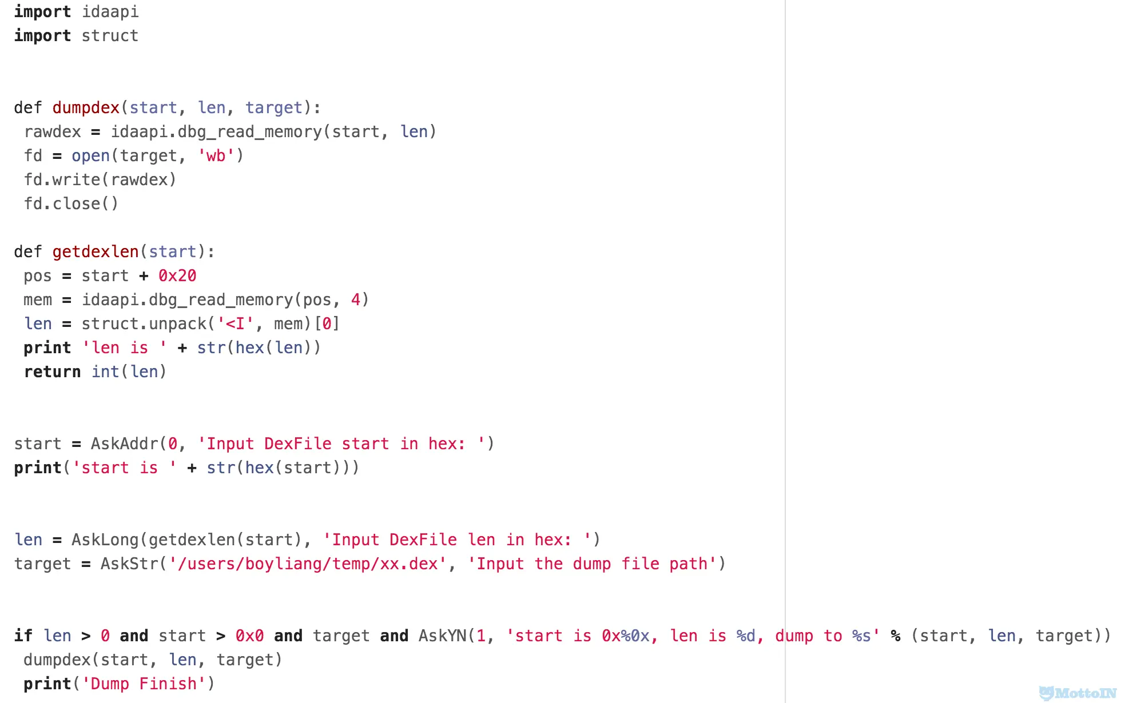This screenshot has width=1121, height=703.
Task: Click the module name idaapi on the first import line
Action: tap(110, 11)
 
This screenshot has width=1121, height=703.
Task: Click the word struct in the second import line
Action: tap(110, 35)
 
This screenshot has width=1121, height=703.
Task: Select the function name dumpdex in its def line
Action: tap(86, 107)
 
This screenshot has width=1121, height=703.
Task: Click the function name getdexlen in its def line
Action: tap(96, 251)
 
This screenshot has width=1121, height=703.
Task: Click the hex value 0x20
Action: tap(177, 275)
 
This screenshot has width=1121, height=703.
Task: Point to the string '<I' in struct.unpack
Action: tap(235, 323)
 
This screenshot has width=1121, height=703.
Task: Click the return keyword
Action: tap(52, 372)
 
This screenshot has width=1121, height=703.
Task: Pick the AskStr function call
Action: tap(129, 564)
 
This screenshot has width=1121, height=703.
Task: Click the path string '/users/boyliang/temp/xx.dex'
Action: tap(307, 564)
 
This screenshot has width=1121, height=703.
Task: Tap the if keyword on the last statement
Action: tap(23, 636)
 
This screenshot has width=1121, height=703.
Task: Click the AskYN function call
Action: tap(442, 636)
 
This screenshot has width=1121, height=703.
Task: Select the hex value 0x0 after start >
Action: tap(249, 636)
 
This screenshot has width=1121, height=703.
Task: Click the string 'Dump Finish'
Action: tap(144, 684)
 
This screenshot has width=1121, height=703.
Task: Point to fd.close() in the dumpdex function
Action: tap(71, 203)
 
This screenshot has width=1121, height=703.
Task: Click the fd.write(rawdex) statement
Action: tap(100, 179)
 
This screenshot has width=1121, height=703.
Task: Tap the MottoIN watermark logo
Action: tap(1078, 693)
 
